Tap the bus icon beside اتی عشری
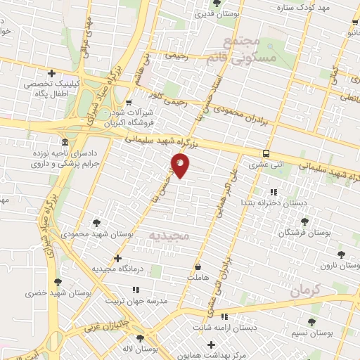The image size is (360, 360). (x=266, y=153)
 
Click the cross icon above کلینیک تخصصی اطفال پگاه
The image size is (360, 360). (x=51, y=72)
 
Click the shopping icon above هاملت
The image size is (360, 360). (x=198, y=267)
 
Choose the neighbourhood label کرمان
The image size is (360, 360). (x=304, y=289)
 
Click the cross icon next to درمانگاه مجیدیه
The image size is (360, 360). (x=117, y=258)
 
